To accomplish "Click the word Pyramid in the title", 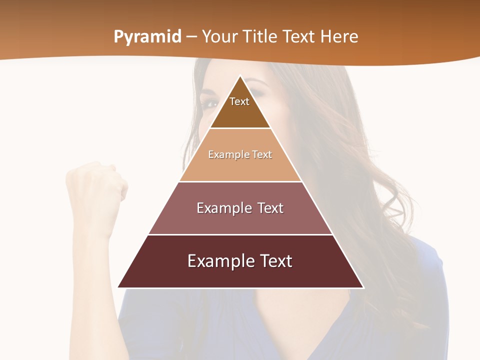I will [x=147, y=37].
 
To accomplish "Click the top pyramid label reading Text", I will [x=239, y=101].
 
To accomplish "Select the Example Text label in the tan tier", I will [x=240, y=154].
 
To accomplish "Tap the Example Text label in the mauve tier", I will [x=240, y=208].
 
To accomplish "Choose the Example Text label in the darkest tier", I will [x=240, y=261].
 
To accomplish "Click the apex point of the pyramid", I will [x=240, y=76].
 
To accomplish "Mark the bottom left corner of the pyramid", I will [x=118, y=287].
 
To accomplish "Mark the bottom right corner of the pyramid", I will [x=363, y=287].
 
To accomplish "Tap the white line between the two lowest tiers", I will [x=240, y=234].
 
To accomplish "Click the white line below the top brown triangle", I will [x=240, y=128].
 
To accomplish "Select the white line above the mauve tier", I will [x=240, y=181].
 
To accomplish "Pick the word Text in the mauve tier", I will [x=270, y=208].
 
